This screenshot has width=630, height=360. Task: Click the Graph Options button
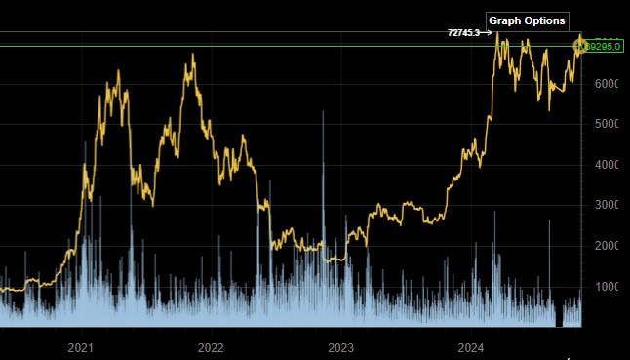coord(527,20)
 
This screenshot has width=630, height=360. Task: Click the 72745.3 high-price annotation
coord(463,32)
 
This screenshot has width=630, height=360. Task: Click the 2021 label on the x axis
coord(81,347)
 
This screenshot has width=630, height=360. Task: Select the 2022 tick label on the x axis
coord(211,347)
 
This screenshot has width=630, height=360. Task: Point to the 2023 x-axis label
coord(340,347)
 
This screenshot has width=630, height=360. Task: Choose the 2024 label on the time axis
coord(471,347)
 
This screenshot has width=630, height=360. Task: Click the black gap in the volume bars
coord(559,318)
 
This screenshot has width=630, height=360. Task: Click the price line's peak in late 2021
coord(192,55)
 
